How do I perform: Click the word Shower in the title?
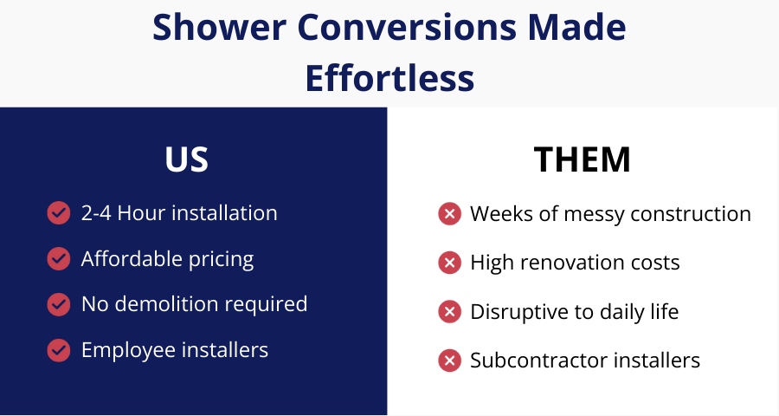tap(219, 27)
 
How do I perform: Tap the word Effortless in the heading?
tap(389, 78)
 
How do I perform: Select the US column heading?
tap(187, 159)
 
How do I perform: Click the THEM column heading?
tap(583, 159)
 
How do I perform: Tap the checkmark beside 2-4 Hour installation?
tap(59, 213)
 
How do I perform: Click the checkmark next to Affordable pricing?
tap(59, 259)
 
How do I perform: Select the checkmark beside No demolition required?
tap(59, 304)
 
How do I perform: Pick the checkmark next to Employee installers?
tap(59, 350)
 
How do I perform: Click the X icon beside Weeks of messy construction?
tap(449, 214)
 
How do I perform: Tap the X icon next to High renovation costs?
tap(449, 263)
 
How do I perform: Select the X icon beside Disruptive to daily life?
tap(449, 312)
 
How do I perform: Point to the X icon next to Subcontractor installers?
tap(449, 361)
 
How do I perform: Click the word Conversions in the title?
tap(408, 27)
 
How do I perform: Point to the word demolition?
tap(166, 304)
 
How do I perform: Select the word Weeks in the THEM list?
tap(502, 214)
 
